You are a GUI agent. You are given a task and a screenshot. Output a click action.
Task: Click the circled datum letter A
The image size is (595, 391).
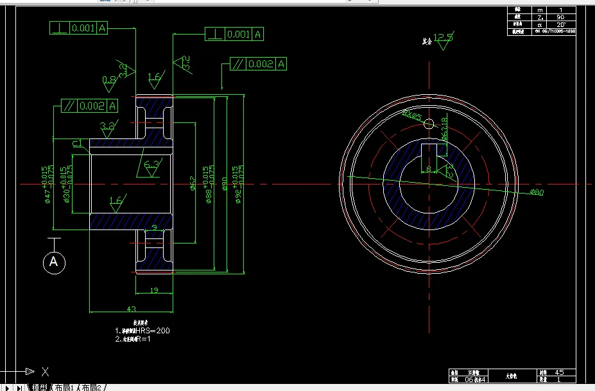54,262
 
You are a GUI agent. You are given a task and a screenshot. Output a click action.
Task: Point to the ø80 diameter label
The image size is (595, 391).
537,192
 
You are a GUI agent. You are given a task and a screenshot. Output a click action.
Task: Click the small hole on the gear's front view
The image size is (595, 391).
429,123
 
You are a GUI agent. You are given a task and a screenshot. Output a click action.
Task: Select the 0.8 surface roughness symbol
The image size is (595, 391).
109,80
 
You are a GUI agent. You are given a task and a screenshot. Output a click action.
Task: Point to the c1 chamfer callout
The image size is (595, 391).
77,143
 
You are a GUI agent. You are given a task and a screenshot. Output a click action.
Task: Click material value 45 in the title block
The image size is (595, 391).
559,372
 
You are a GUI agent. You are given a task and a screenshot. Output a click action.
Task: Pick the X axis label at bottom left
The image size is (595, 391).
44,371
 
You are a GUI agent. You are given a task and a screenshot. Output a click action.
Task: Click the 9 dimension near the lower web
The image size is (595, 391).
154,227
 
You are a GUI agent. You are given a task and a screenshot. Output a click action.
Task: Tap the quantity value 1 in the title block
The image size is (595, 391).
559,379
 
